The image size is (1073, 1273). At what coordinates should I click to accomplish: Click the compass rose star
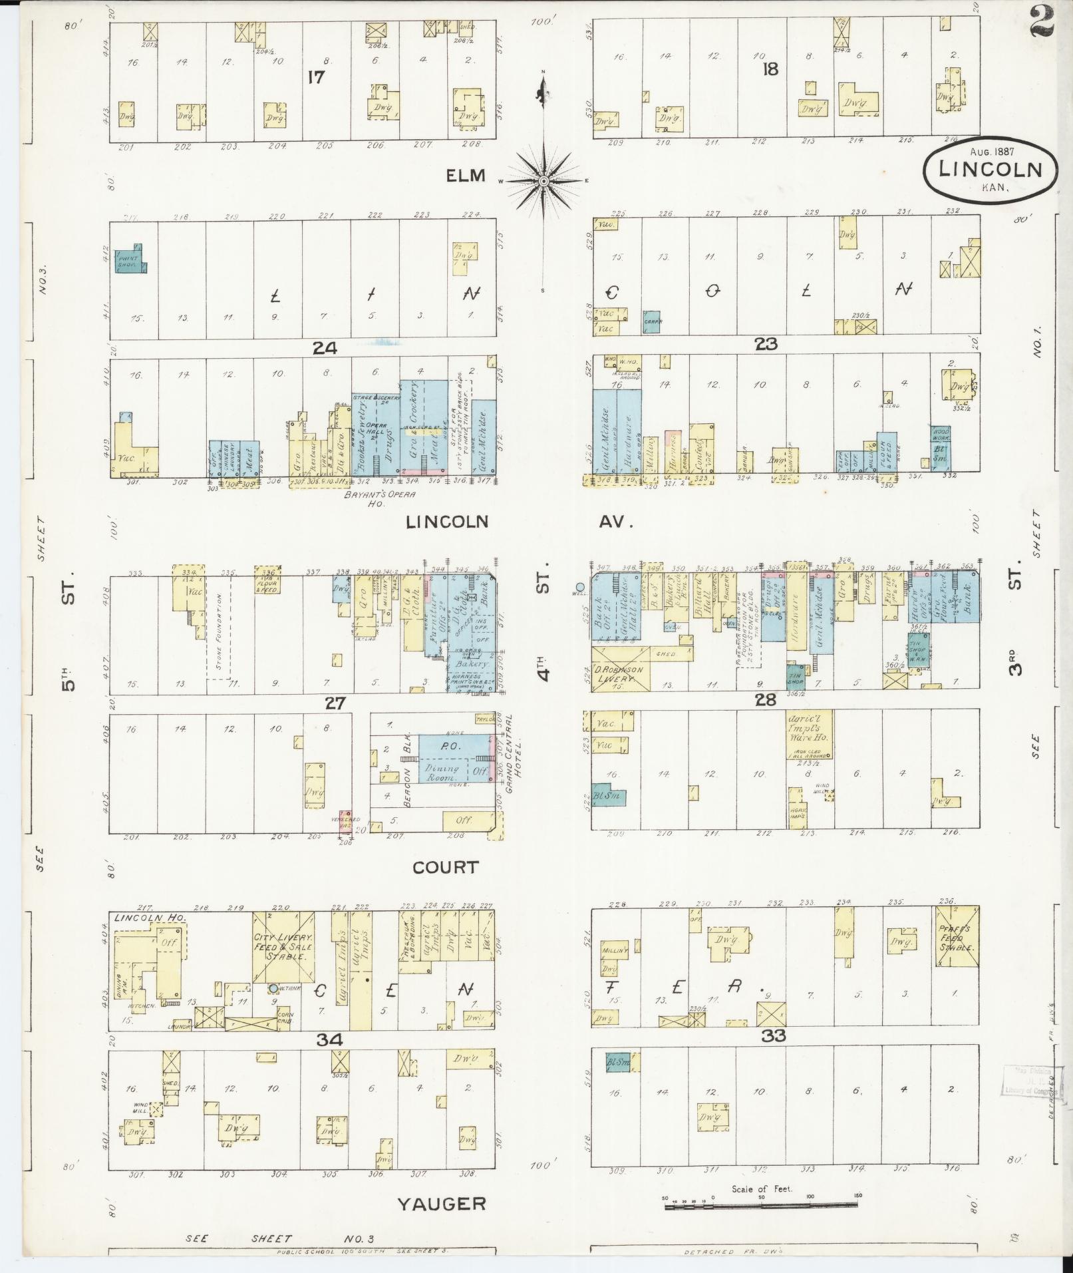click(x=543, y=181)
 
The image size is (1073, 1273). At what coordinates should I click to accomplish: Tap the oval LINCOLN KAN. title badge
click(x=990, y=170)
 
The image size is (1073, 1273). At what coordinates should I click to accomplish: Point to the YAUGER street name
click(x=442, y=1203)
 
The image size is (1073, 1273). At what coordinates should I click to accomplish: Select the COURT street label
click(x=445, y=867)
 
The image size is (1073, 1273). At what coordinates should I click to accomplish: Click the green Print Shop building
click(x=131, y=262)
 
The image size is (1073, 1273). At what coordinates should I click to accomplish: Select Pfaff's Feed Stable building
click(x=957, y=937)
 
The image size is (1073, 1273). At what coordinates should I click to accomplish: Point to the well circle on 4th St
click(x=579, y=586)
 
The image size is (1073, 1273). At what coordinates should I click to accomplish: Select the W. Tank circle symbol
click(x=273, y=988)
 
